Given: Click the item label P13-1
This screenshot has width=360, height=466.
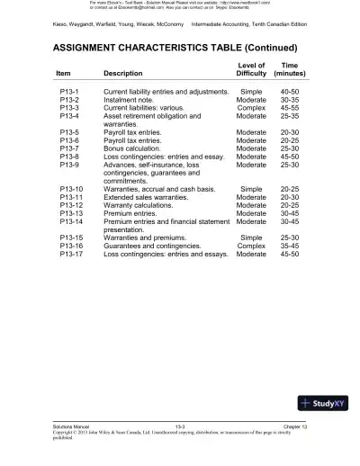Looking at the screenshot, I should click(x=69, y=93).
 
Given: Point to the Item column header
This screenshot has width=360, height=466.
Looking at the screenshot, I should click(x=63, y=74).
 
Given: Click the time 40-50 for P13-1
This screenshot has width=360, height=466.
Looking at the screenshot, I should click(x=290, y=93).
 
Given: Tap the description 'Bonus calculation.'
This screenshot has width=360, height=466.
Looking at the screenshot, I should click(x=136, y=149).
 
